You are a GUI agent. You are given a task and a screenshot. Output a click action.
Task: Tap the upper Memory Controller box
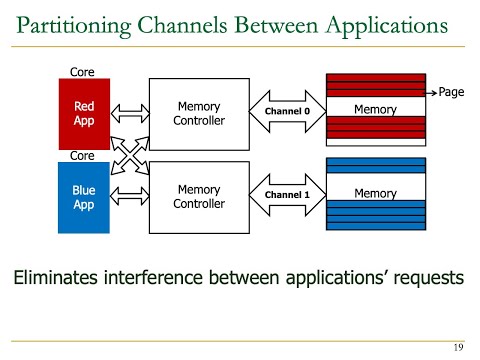pos(198,113)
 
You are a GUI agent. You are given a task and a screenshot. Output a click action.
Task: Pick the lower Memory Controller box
pos(198,197)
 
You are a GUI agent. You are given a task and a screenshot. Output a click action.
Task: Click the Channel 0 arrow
pos(288,111)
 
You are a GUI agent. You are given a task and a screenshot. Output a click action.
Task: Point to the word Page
pos(452,92)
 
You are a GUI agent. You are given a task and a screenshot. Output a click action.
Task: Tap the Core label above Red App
pos(82,72)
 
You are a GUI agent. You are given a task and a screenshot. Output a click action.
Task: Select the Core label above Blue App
pos(82,156)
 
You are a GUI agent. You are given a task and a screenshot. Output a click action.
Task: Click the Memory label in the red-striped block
pos(376,110)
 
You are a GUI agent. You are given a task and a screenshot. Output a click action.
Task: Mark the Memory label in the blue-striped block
pos(376,193)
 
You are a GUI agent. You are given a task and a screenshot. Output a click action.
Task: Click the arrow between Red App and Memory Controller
pos(128,112)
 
